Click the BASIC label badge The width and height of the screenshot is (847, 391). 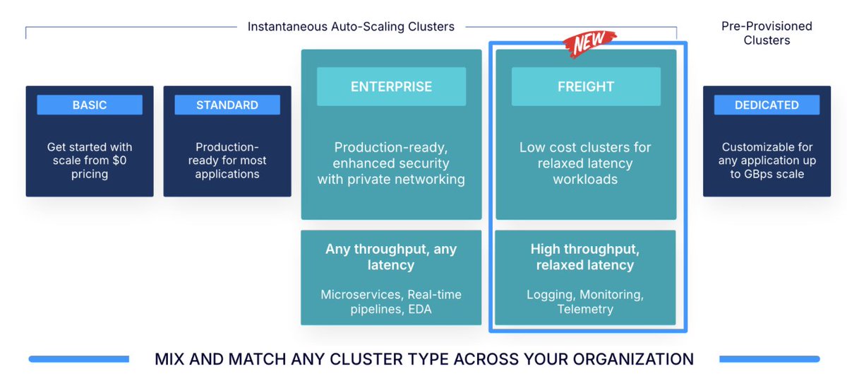coord(90,105)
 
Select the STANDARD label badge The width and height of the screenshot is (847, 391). coord(227,105)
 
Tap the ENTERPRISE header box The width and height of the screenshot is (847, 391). coord(391,86)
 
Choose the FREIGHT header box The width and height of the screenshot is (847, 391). coord(586,86)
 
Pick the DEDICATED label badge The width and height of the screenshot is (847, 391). coord(767,105)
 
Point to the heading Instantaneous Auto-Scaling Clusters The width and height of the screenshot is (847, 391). coord(351,27)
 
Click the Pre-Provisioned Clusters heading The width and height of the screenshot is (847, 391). coord(767,33)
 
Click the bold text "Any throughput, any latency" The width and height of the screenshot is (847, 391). coord(391,257)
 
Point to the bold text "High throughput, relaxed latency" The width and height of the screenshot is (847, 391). coord(585,257)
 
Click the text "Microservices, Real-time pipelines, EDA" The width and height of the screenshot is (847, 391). coord(391,302)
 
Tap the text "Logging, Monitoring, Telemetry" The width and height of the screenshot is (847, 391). coord(585,302)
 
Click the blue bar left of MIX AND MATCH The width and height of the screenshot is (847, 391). coord(79,359)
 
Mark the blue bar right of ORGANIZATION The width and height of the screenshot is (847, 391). coord(769,359)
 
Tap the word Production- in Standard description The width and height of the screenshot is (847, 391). coord(227,147)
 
